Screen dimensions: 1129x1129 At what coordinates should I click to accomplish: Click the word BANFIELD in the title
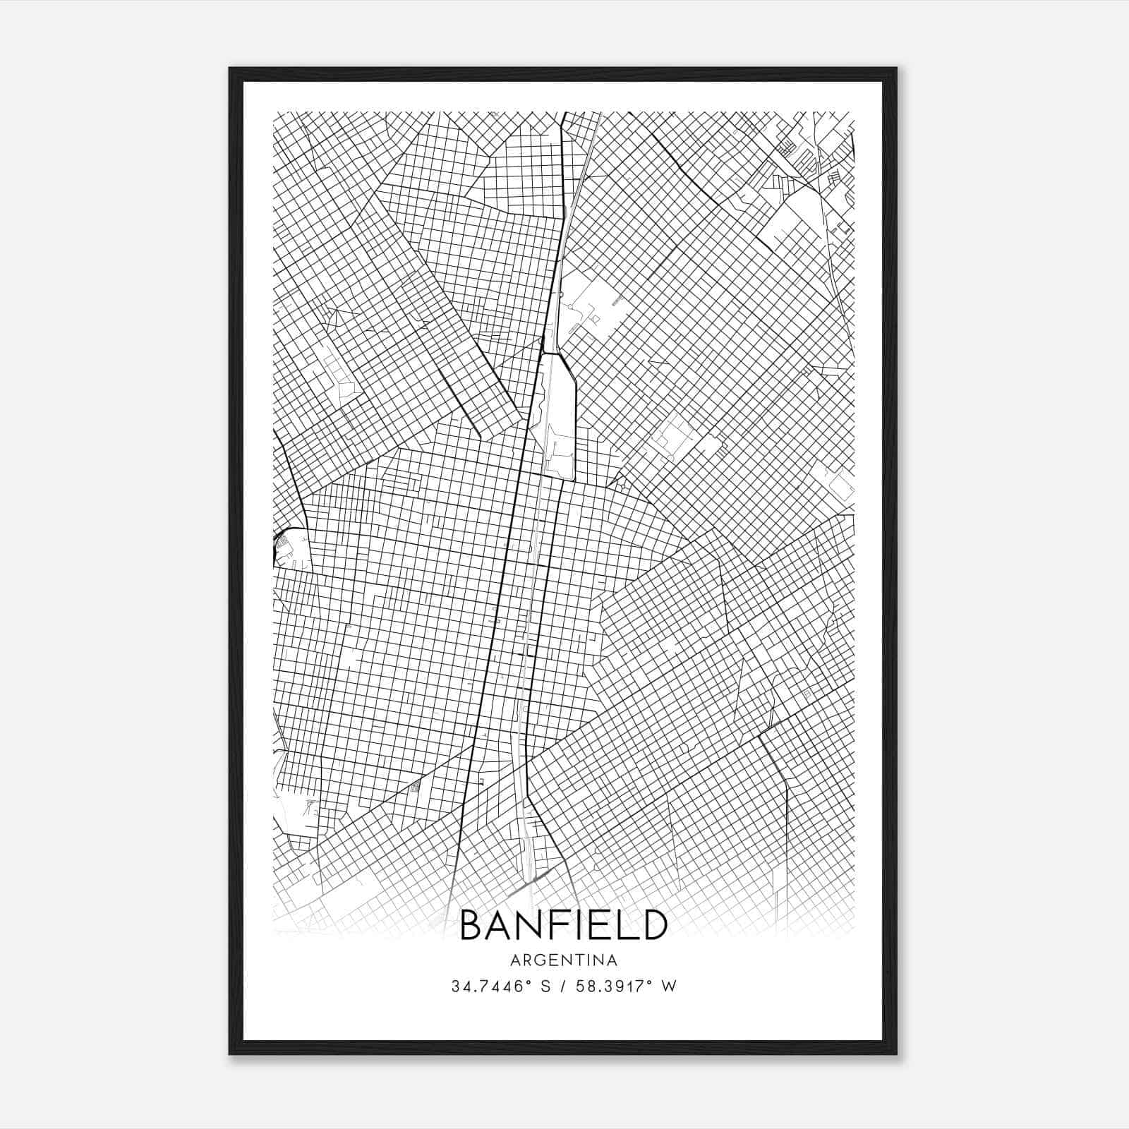563,925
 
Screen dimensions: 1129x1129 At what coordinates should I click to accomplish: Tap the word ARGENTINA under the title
563,960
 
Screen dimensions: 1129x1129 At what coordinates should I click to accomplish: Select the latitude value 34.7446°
490,986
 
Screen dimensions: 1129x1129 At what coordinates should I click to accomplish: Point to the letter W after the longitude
670,986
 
